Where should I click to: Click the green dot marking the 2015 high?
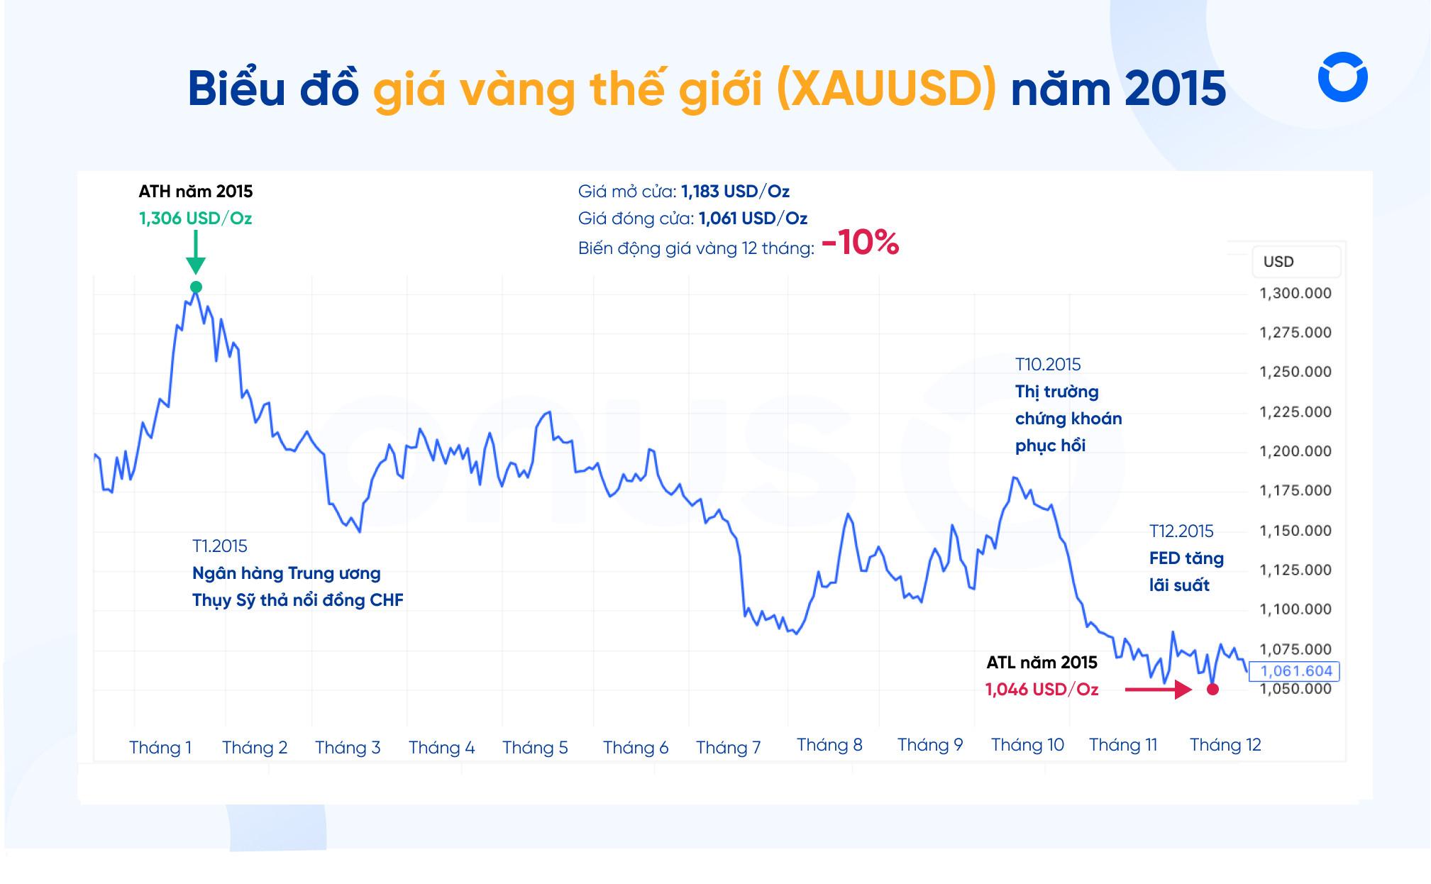pos(196,287)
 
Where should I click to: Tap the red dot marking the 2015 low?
pos(1212,689)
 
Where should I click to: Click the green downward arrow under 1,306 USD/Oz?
pos(196,253)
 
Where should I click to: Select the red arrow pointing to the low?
pos(1158,689)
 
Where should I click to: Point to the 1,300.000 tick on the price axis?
pos(1295,294)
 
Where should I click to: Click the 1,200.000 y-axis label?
pos(1295,451)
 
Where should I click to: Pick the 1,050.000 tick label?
pos(1295,689)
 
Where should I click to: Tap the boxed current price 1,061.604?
pos(1295,671)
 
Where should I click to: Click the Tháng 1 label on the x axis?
pos(160,747)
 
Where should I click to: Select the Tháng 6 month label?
pos(635,747)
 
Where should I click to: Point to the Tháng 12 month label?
pos(1225,745)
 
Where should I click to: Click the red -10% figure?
pos(860,243)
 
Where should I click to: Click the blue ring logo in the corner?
pos(1342,77)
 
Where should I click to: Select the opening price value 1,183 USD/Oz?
pos(735,192)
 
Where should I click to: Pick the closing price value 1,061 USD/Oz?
pos(753,219)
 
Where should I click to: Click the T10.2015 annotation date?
pos(1048,365)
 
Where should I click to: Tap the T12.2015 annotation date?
pos(1181,531)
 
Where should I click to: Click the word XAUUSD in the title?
pos(887,89)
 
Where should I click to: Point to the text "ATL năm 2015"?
pos(1042,663)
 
